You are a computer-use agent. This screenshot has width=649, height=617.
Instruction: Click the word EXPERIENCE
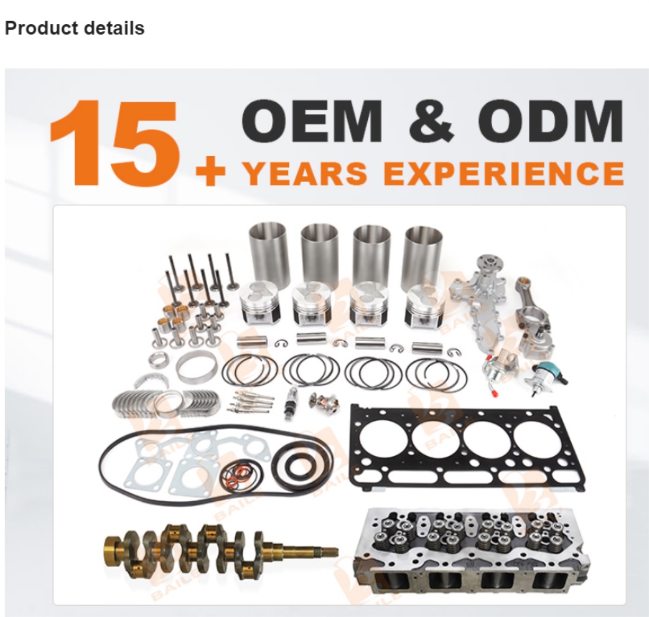click(x=505, y=173)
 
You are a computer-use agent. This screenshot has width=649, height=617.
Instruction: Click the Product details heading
click(x=75, y=28)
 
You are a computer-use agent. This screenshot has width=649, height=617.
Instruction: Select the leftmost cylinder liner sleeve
click(x=267, y=249)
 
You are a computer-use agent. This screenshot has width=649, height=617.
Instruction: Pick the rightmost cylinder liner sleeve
click(x=424, y=249)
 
